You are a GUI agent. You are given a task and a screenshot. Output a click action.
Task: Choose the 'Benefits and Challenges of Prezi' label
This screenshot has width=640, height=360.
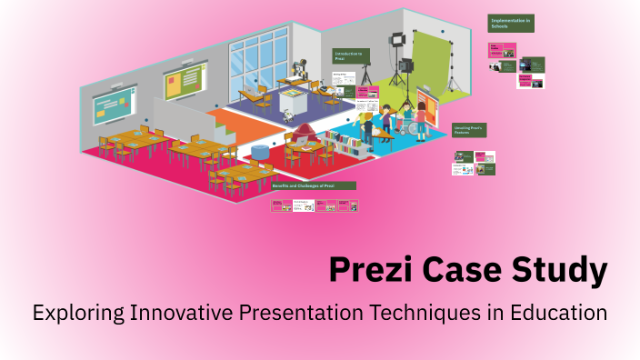[314, 185]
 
